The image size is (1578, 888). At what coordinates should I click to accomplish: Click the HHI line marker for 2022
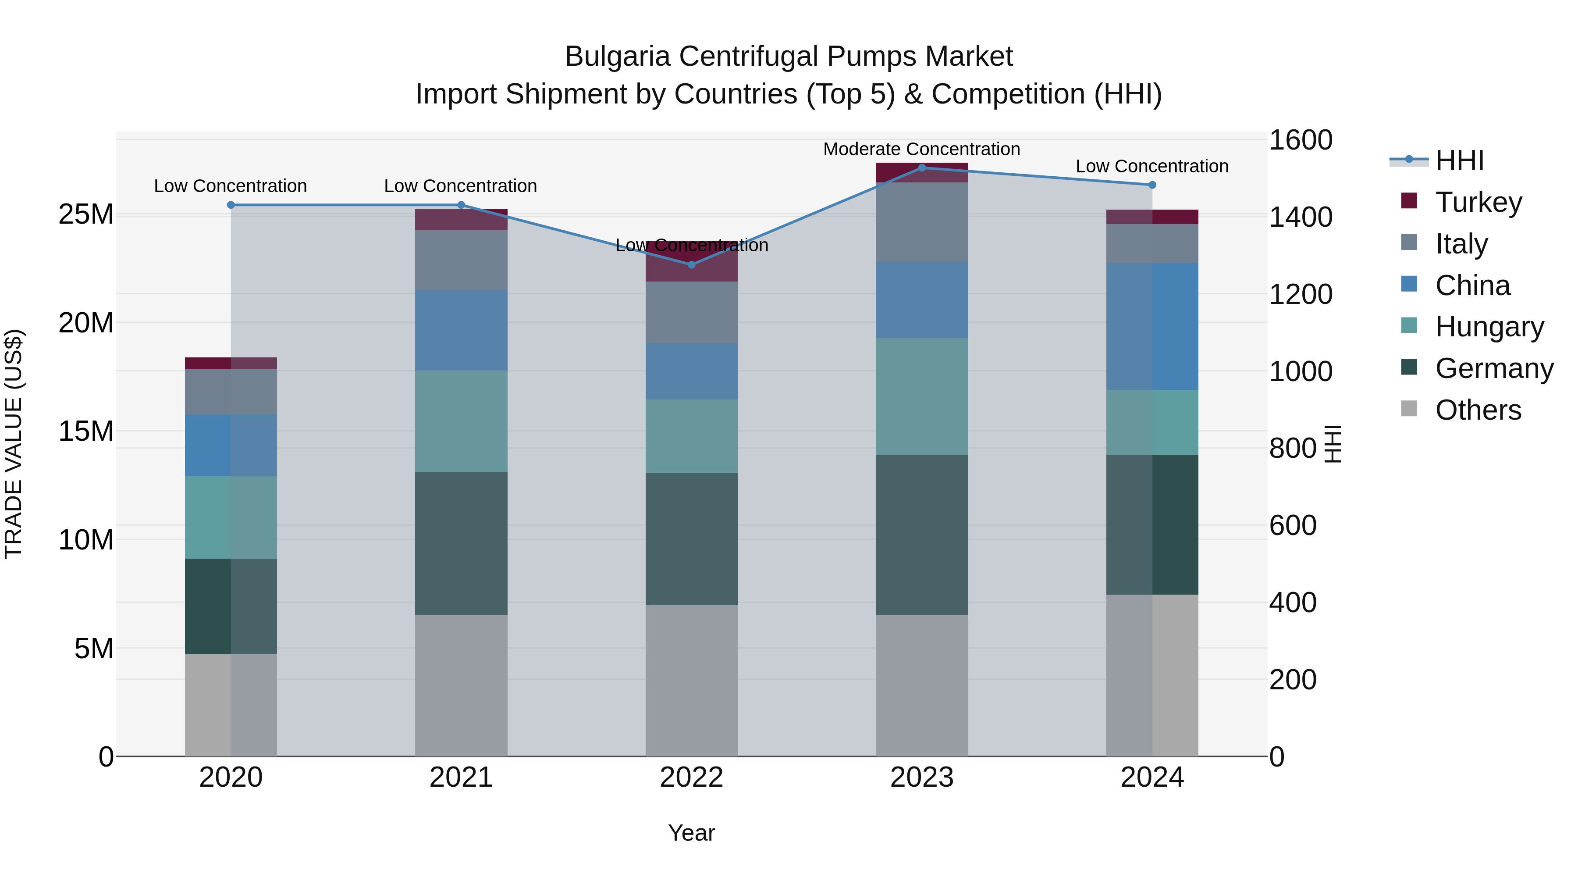[x=692, y=265]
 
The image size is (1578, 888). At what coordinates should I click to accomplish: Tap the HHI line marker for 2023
[x=922, y=168]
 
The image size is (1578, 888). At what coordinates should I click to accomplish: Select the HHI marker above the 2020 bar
[x=231, y=205]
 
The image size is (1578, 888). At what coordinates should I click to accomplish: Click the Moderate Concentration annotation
[x=921, y=150]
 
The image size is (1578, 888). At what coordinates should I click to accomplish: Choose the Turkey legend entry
[x=1478, y=202]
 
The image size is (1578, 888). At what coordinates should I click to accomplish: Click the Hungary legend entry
[x=1489, y=327]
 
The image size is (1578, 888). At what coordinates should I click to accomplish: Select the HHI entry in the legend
[x=1459, y=160]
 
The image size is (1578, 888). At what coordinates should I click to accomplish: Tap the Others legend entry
[x=1478, y=410]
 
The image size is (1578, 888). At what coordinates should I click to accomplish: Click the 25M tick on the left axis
[x=86, y=214]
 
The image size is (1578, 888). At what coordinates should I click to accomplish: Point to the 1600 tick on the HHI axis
[x=1300, y=140]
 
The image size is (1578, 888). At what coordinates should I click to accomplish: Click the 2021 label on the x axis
[x=461, y=777]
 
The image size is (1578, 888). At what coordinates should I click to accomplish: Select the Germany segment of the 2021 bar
[x=461, y=544]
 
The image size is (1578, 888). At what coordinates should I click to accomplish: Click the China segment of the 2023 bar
[x=922, y=300]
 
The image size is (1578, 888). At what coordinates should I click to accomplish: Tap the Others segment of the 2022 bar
[x=692, y=680]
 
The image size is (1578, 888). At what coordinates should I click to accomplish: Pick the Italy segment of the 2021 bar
[x=461, y=260]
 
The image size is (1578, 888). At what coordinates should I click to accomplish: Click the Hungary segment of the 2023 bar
[x=922, y=396]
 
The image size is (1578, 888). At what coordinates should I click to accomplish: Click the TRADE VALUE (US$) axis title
[x=14, y=444]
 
